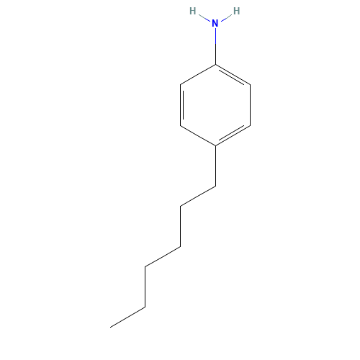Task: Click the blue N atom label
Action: point(215,23)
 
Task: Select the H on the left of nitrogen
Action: point(192,11)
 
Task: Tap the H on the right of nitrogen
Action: point(237,11)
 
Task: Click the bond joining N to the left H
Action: point(202,16)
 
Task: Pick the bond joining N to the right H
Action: point(226,16)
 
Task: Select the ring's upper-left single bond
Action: point(197,74)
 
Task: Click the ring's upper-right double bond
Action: point(233,75)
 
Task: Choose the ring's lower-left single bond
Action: point(197,135)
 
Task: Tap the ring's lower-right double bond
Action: point(233,135)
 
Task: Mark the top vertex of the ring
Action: point(215,64)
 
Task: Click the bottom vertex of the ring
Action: point(215,146)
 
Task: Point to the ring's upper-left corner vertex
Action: point(180,84)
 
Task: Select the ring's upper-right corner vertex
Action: point(250,85)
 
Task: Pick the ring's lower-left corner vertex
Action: point(180,125)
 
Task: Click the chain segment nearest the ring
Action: point(198,196)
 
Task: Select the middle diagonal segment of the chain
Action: point(163,257)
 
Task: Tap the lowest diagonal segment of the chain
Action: point(128,318)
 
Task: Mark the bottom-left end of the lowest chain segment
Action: point(112,327)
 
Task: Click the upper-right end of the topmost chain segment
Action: point(215,186)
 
